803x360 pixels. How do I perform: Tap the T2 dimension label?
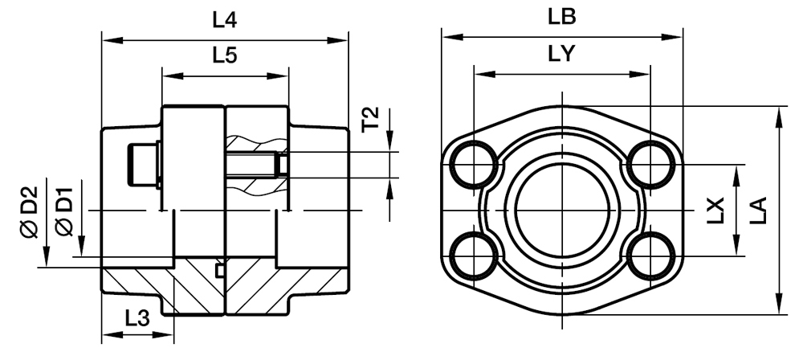(x=370, y=121)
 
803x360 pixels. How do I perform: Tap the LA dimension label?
(x=758, y=211)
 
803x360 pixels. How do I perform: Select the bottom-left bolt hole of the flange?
(x=474, y=256)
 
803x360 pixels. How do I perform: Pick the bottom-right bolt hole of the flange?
(x=650, y=256)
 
